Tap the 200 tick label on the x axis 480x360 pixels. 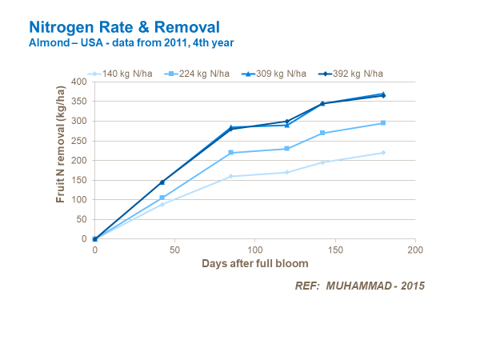click(x=415, y=250)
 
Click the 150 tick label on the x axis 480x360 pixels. click(x=335, y=250)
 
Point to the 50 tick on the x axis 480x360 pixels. click(x=174, y=250)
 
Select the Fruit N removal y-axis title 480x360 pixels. click(x=61, y=159)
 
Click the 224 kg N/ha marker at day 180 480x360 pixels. click(x=383, y=122)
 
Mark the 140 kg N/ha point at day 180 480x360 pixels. click(x=383, y=153)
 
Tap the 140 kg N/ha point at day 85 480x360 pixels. click(x=230, y=176)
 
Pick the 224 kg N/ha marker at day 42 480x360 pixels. click(x=162, y=198)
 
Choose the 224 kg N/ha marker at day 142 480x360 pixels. click(x=322, y=133)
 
